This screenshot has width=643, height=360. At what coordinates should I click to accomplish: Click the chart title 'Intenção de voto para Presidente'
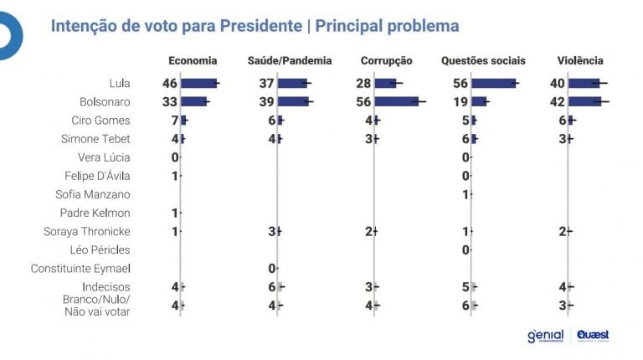[x=177, y=26]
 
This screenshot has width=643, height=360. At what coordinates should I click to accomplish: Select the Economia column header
[x=193, y=60]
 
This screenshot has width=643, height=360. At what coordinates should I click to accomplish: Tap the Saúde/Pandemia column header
[x=290, y=60]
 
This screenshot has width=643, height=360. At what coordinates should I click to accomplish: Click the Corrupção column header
[x=386, y=60]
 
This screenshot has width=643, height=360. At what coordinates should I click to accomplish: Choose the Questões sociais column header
[x=483, y=60]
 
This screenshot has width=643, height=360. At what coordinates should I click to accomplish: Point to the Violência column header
[x=580, y=60]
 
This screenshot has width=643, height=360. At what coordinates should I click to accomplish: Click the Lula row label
[x=119, y=83]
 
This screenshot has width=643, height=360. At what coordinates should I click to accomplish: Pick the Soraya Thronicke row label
[x=89, y=231]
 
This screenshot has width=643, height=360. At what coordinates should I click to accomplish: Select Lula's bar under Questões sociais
[x=493, y=83]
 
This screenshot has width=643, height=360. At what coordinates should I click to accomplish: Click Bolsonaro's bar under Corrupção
[x=395, y=101]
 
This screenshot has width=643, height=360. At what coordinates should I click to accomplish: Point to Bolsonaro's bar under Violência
[x=584, y=101]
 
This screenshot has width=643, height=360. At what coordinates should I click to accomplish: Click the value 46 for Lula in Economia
[x=170, y=83]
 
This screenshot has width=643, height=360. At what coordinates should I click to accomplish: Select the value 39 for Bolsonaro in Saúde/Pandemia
[x=267, y=101]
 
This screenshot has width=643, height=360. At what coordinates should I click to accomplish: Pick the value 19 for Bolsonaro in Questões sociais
[x=461, y=101]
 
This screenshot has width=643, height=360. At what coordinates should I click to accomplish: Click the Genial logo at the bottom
[x=545, y=336]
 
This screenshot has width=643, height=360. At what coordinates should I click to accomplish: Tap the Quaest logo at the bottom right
[x=593, y=336]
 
